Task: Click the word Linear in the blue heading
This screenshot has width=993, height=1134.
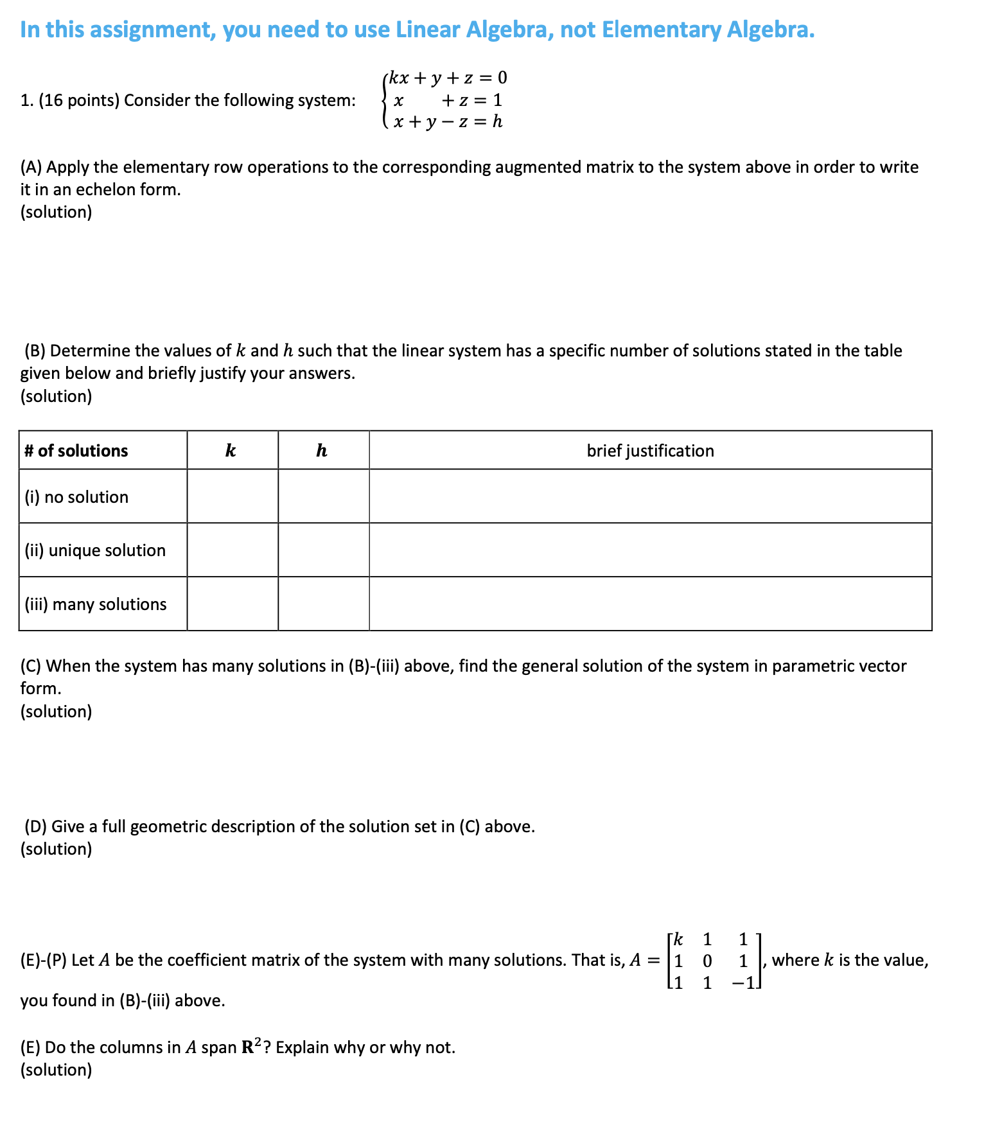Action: (428, 30)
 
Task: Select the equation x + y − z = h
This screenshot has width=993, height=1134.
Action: (448, 121)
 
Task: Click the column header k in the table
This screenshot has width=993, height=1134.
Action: (231, 451)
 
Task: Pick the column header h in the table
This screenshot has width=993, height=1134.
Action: (322, 451)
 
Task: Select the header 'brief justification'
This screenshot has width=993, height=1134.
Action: (650, 451)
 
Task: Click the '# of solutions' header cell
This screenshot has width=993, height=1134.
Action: (76, 451)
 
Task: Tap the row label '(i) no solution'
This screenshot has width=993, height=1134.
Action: (76, 497)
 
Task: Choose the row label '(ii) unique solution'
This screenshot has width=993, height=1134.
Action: (95, 550)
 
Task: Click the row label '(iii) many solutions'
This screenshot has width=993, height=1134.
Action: (96, 604)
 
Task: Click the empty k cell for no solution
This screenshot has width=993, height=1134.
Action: (233, 496)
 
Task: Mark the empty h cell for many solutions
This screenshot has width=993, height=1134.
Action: (323, 604)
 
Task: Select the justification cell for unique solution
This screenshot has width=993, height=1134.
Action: (650, 550)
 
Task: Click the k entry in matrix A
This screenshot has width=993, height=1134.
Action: (678, 939)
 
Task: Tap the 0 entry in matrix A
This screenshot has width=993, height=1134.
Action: (707, 961)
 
